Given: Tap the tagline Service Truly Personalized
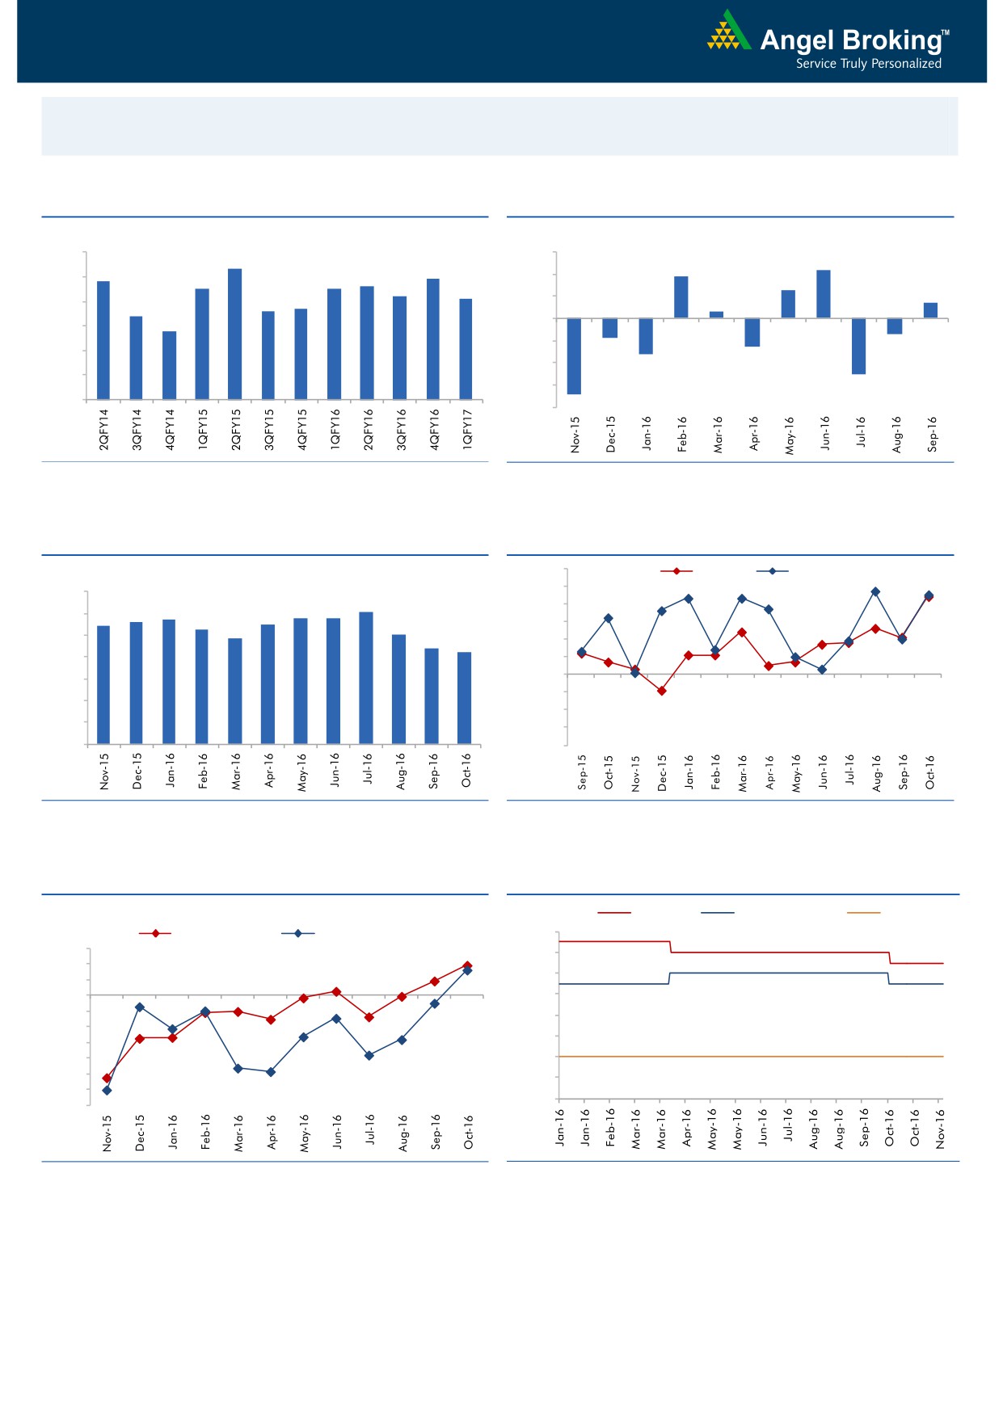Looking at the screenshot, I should [868, 64].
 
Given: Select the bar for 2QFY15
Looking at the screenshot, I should [235, 334].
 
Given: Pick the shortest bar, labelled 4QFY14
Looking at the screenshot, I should [169, 365].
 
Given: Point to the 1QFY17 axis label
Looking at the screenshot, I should [467, 429].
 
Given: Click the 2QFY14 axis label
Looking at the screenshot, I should [103, 429].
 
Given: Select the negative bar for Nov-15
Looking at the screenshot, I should [574, 356].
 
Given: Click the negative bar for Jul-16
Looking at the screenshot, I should [858, 346].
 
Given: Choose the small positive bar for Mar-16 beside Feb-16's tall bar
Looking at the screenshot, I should [716, 314].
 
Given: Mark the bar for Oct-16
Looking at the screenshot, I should [465, 698].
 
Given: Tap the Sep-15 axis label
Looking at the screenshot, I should [582, 772].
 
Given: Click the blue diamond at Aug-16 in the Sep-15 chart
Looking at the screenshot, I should [875, 592].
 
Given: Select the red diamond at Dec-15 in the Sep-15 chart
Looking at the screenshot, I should [661, 691].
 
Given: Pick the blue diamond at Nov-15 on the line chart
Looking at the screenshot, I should [107, 1090].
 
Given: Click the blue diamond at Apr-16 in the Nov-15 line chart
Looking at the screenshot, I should [271, 1072].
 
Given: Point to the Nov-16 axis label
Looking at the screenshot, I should [940, 1128].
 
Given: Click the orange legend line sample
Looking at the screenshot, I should [863, 913].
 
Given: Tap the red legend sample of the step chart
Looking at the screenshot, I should [614, 913].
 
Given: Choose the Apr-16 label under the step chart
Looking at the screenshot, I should [687, 1128].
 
